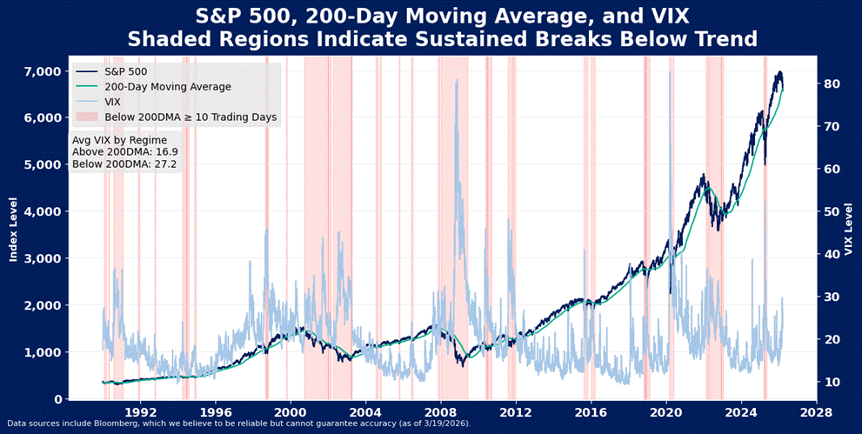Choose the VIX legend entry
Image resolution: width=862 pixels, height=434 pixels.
pos(114,102)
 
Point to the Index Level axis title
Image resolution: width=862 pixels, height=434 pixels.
pos(13,229)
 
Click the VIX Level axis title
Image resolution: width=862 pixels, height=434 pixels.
pos(848,229)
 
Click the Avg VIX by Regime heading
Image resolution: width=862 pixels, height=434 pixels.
pos(119,139)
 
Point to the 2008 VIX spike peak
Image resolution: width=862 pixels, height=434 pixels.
pos(457,80)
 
